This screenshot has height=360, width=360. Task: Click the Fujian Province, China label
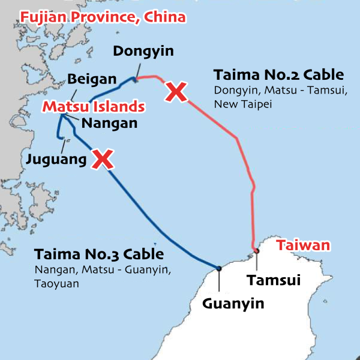[x=103, y=16]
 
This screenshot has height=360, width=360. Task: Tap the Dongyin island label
[x=143, y=51]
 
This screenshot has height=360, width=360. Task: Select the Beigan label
[x=92, y=79]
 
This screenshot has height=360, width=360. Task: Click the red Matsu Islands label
[x=93, y=107]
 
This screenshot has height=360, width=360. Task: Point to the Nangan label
[x=109, y=123]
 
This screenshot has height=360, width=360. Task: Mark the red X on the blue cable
[x=103, y=159]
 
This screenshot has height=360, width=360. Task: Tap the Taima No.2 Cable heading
[x=278, y=75]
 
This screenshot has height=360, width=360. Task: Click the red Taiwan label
[x=303, y=245]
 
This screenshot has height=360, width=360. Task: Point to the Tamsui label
[x=274, y=280]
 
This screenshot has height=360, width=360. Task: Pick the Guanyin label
[x=233, y=304]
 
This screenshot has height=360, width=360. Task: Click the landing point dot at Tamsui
[x=256, y=251]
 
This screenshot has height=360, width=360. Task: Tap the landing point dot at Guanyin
[x=219, y=268]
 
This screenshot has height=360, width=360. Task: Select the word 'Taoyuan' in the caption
[x=56, y=283]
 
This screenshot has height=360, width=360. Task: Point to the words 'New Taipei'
[x=239, y=104]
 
